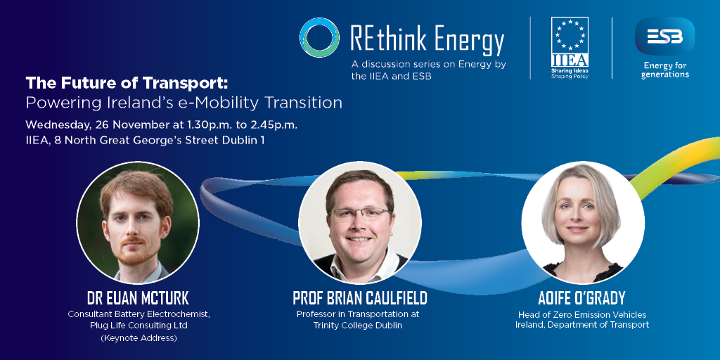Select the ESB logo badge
664,36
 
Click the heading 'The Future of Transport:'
127,84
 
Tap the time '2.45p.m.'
276,124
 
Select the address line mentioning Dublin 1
145,141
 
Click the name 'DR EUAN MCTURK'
138,298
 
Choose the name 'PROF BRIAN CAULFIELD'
360,298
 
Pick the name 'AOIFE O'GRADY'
581,298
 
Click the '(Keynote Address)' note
139,339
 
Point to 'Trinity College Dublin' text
358,326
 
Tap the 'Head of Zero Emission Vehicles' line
582,314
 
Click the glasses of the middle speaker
361,213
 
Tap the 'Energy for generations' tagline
665,70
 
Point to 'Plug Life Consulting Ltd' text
139,326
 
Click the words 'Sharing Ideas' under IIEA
570,71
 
